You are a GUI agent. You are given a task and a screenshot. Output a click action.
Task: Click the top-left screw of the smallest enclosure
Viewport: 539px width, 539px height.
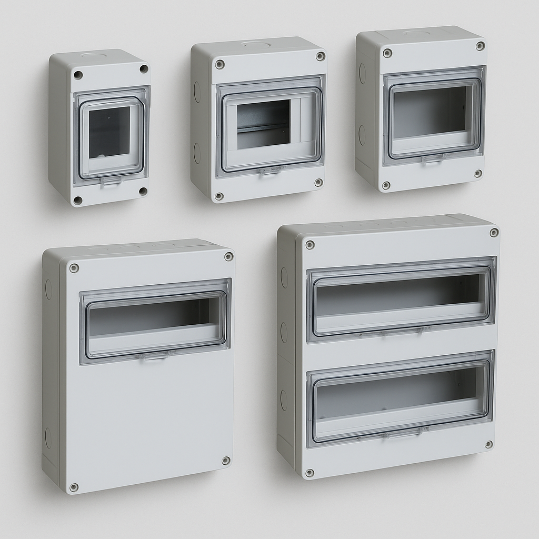click(x=78, y=75)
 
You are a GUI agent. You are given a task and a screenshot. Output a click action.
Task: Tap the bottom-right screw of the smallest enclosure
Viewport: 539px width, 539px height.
click(x=143, y=191)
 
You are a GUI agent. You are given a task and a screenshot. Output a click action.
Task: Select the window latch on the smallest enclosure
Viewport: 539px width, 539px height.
click(x=111, y=181)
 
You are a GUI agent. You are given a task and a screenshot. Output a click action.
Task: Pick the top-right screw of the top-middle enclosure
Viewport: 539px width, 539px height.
click(x=320, y=56)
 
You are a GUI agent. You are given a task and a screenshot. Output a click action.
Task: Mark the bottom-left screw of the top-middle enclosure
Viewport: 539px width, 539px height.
click(x=219, y=196)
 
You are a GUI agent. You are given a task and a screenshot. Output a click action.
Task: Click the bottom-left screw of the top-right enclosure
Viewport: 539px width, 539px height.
click(x=386, y=185)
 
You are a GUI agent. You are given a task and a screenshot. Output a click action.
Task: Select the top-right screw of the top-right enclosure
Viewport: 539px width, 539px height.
click(x=480, y=46)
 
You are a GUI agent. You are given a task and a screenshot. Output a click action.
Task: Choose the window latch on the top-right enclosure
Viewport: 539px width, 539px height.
click(x=433, y=157)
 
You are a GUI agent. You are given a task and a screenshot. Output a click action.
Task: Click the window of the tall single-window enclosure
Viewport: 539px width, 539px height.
click(x=155, y=321)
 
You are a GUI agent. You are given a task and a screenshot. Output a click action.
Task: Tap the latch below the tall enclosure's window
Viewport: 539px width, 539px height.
click(x=153, y=356)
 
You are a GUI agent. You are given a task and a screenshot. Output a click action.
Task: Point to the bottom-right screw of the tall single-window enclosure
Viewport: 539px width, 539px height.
click(x=226, y=461)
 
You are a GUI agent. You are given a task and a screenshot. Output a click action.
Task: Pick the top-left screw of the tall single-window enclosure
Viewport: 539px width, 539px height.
click(x=74, y=268)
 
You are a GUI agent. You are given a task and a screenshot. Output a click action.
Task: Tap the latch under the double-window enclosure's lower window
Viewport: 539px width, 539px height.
click(x=403, y=433)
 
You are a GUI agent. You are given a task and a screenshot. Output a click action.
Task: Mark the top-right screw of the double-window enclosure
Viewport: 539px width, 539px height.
click(x=494, y=233)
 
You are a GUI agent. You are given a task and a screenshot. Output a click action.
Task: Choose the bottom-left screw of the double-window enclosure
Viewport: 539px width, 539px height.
click(x=310, y=473)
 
